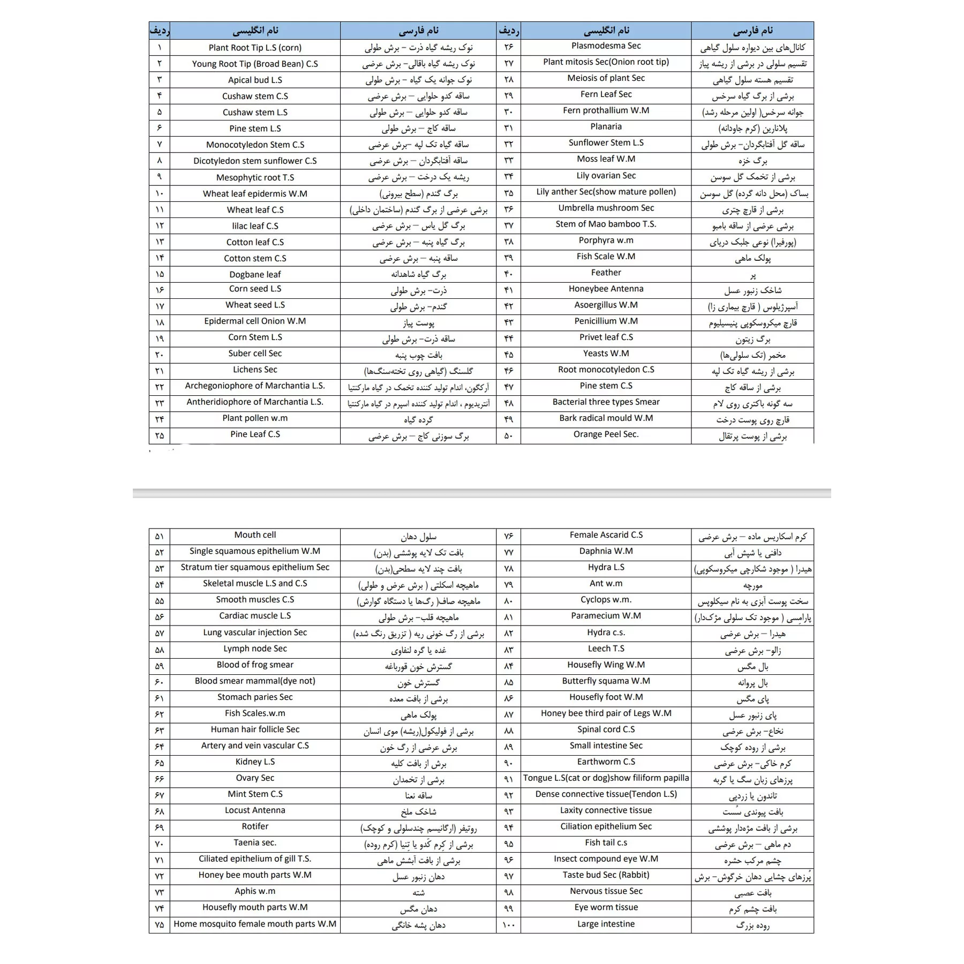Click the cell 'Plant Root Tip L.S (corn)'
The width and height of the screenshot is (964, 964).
point(255,48)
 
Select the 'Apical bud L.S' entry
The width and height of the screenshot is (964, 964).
point(255,80)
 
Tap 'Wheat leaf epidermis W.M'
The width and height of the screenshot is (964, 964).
point(255,193)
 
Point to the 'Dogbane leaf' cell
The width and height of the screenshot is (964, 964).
point(255,274)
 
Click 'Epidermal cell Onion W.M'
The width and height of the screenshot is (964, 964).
point(255,321)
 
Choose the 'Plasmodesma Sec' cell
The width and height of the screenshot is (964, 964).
point(606,46)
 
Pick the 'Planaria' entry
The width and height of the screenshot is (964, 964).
point(606,126)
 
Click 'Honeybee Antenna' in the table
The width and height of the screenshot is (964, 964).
point(606,289)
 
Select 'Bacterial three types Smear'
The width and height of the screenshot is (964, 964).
point(606,402)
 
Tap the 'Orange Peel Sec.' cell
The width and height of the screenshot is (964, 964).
point(606,434)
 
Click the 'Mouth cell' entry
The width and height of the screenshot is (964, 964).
point(255,534)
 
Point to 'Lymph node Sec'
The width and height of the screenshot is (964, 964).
point(255,649)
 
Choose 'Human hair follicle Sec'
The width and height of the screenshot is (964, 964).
point(255,729)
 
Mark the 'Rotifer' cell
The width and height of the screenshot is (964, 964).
point(255,826)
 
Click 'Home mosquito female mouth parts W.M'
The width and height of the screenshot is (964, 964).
point(255,924)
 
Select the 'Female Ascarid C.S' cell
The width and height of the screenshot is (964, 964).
point(606,534)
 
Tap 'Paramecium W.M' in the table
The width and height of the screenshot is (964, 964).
point(606,615)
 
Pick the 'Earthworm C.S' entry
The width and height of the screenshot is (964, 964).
point(606,762)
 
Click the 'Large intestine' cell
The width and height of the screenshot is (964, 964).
point(606,924)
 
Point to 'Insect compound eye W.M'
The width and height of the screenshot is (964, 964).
point(606,858)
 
